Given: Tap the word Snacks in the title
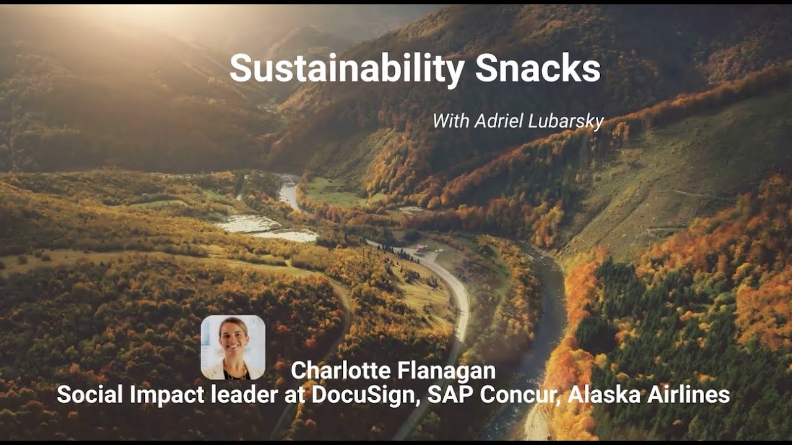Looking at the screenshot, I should click(x=538, y=69).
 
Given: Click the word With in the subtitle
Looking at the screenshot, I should click(x=450, y=121).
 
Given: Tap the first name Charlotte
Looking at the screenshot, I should click(x=342, y=370).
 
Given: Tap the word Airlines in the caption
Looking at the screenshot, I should click(x=687, y=395).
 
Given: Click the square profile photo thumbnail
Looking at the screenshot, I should click(x=233, y=347).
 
